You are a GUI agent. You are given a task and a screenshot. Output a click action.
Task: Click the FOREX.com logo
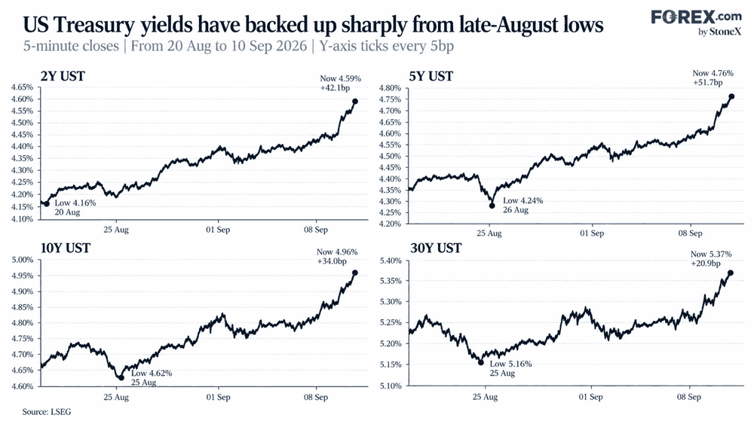(696, 22)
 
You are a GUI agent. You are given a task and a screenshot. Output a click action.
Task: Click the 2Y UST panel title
(63, 76)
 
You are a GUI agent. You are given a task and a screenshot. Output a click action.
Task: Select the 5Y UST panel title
(431, 76)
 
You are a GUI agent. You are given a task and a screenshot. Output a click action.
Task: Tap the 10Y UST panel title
(66, 249)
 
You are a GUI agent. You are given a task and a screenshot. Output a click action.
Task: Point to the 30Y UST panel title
(436, 249)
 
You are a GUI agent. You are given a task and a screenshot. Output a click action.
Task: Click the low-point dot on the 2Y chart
(47, 203)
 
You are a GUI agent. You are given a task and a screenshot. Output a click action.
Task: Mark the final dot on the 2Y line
(355, 102)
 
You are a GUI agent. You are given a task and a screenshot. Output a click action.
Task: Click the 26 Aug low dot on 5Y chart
(492, 206)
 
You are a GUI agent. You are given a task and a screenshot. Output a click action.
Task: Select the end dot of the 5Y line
(731, 96)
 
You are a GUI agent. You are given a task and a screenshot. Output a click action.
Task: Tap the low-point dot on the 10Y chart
(121, 378)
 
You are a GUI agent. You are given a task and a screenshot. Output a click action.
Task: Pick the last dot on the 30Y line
(731, 273)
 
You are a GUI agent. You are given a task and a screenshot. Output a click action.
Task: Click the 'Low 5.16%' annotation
(510, 364)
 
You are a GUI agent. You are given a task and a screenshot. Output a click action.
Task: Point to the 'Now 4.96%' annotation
(337, 252)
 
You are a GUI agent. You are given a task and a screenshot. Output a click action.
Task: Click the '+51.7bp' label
(708, 83)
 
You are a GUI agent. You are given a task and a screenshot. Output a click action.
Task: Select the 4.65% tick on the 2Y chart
(22, 87)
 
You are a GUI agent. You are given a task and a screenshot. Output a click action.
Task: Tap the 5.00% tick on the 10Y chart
(22, 261)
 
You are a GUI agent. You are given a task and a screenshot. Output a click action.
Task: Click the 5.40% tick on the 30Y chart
(391, 261)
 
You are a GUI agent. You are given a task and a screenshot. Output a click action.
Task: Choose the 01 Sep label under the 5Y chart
(591, 233)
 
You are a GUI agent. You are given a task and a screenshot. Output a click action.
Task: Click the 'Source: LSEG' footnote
(47, 412)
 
